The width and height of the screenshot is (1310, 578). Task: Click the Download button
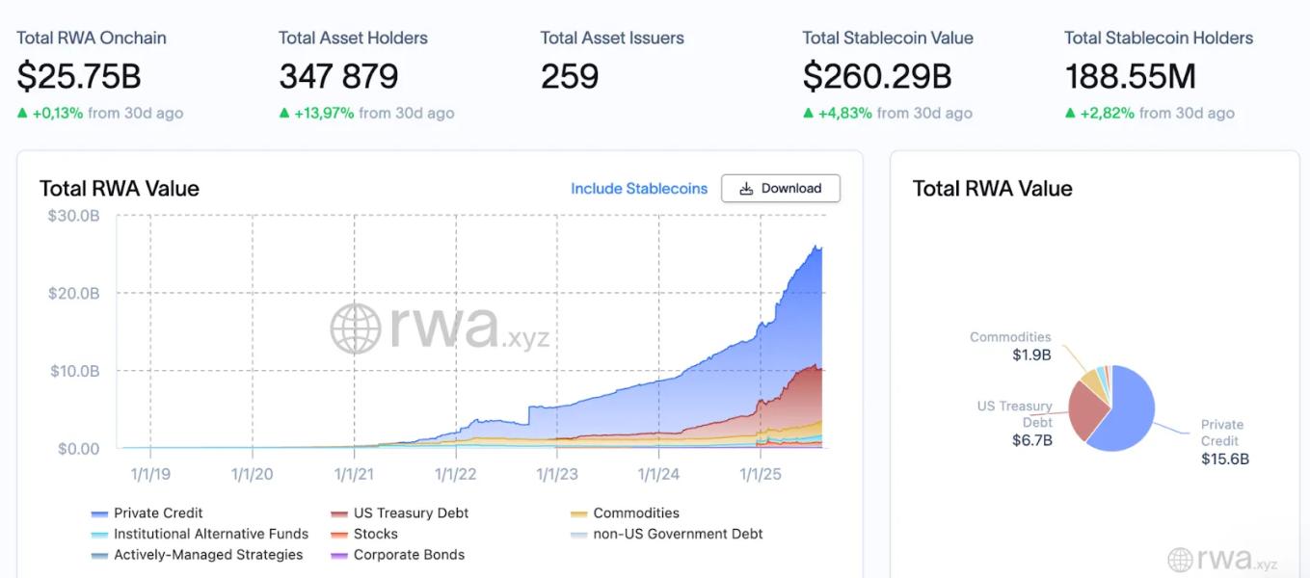(x=781, y=189)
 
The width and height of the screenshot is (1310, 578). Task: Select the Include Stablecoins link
(x=638, y=189)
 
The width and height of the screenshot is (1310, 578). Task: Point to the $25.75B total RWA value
(x=79, y=76)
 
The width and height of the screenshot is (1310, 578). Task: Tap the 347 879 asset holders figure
(x=338, y=76)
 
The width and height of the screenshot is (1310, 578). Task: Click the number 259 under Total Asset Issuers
(x=570, y=76)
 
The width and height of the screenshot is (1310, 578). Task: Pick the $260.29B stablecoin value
(x=877, y=76)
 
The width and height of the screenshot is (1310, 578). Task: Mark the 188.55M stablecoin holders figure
(x=1131, y=76)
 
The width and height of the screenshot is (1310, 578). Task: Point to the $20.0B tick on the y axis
(x=73, y=293)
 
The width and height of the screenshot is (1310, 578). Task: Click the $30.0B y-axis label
(x=73, y=215)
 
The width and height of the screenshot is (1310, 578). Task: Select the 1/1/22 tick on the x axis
(x=456, y=474)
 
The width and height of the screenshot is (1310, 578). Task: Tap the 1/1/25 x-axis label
(x=761, y=474)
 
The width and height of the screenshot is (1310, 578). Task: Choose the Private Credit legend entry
(x=158, y=513)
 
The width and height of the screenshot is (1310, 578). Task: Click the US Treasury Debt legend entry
(x=411, y=513)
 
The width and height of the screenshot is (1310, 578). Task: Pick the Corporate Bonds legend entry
(x=409, y=555)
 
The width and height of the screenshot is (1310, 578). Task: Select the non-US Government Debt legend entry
(x=678, y=534)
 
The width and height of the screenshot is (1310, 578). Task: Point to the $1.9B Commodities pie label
(x=1030, y=355)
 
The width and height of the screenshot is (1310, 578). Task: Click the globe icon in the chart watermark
(x=356, y=328)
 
